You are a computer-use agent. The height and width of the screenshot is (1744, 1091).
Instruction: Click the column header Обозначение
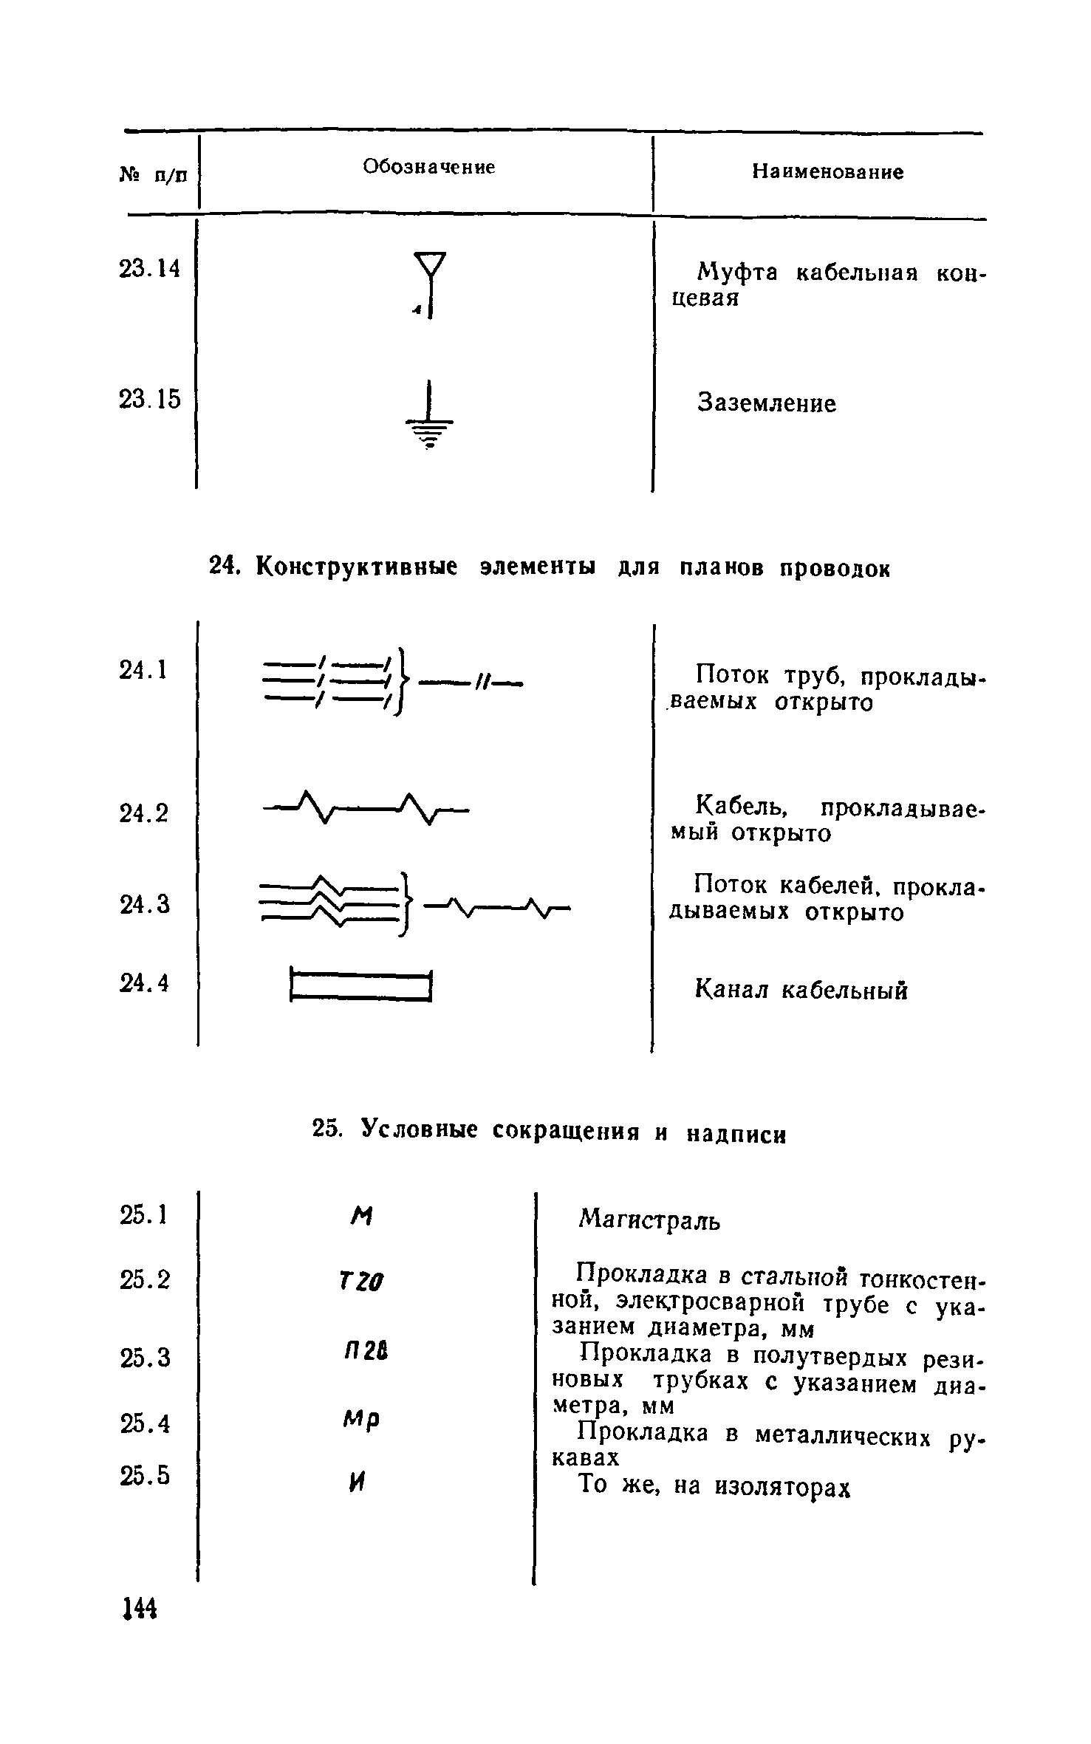click(x=428, y=168)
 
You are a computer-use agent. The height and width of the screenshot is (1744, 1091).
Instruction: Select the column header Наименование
click(x=827, y=173)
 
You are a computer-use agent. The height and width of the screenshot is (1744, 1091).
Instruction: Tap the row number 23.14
click(x=148, y=269)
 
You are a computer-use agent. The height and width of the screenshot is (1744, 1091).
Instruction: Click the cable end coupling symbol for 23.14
click(x=430, y=284)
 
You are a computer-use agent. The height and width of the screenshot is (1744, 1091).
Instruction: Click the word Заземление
click(x=767, y=404)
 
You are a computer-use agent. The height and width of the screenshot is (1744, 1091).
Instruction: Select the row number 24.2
click(x=144, y=813)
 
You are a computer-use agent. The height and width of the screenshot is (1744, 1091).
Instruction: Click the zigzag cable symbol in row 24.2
click(x=366, y=808)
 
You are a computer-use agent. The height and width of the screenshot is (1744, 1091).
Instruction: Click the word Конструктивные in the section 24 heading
click(x=357, y=567)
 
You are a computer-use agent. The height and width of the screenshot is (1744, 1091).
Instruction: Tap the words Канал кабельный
click(x=801, y=990)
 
